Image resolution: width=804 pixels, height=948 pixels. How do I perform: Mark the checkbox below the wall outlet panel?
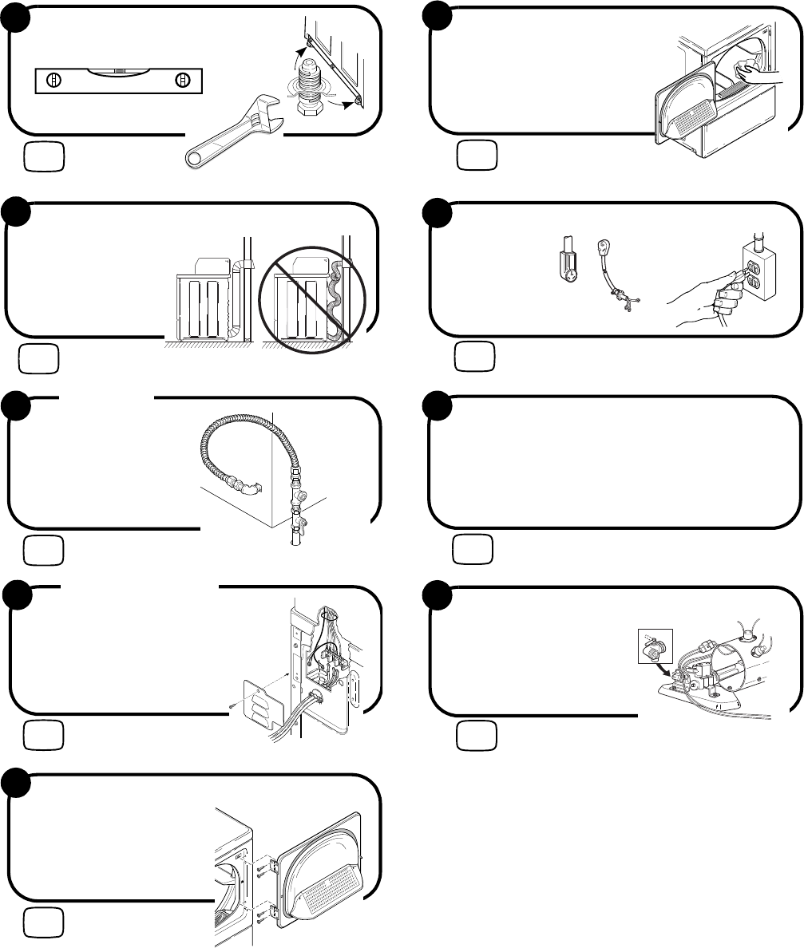pos(476,356)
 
